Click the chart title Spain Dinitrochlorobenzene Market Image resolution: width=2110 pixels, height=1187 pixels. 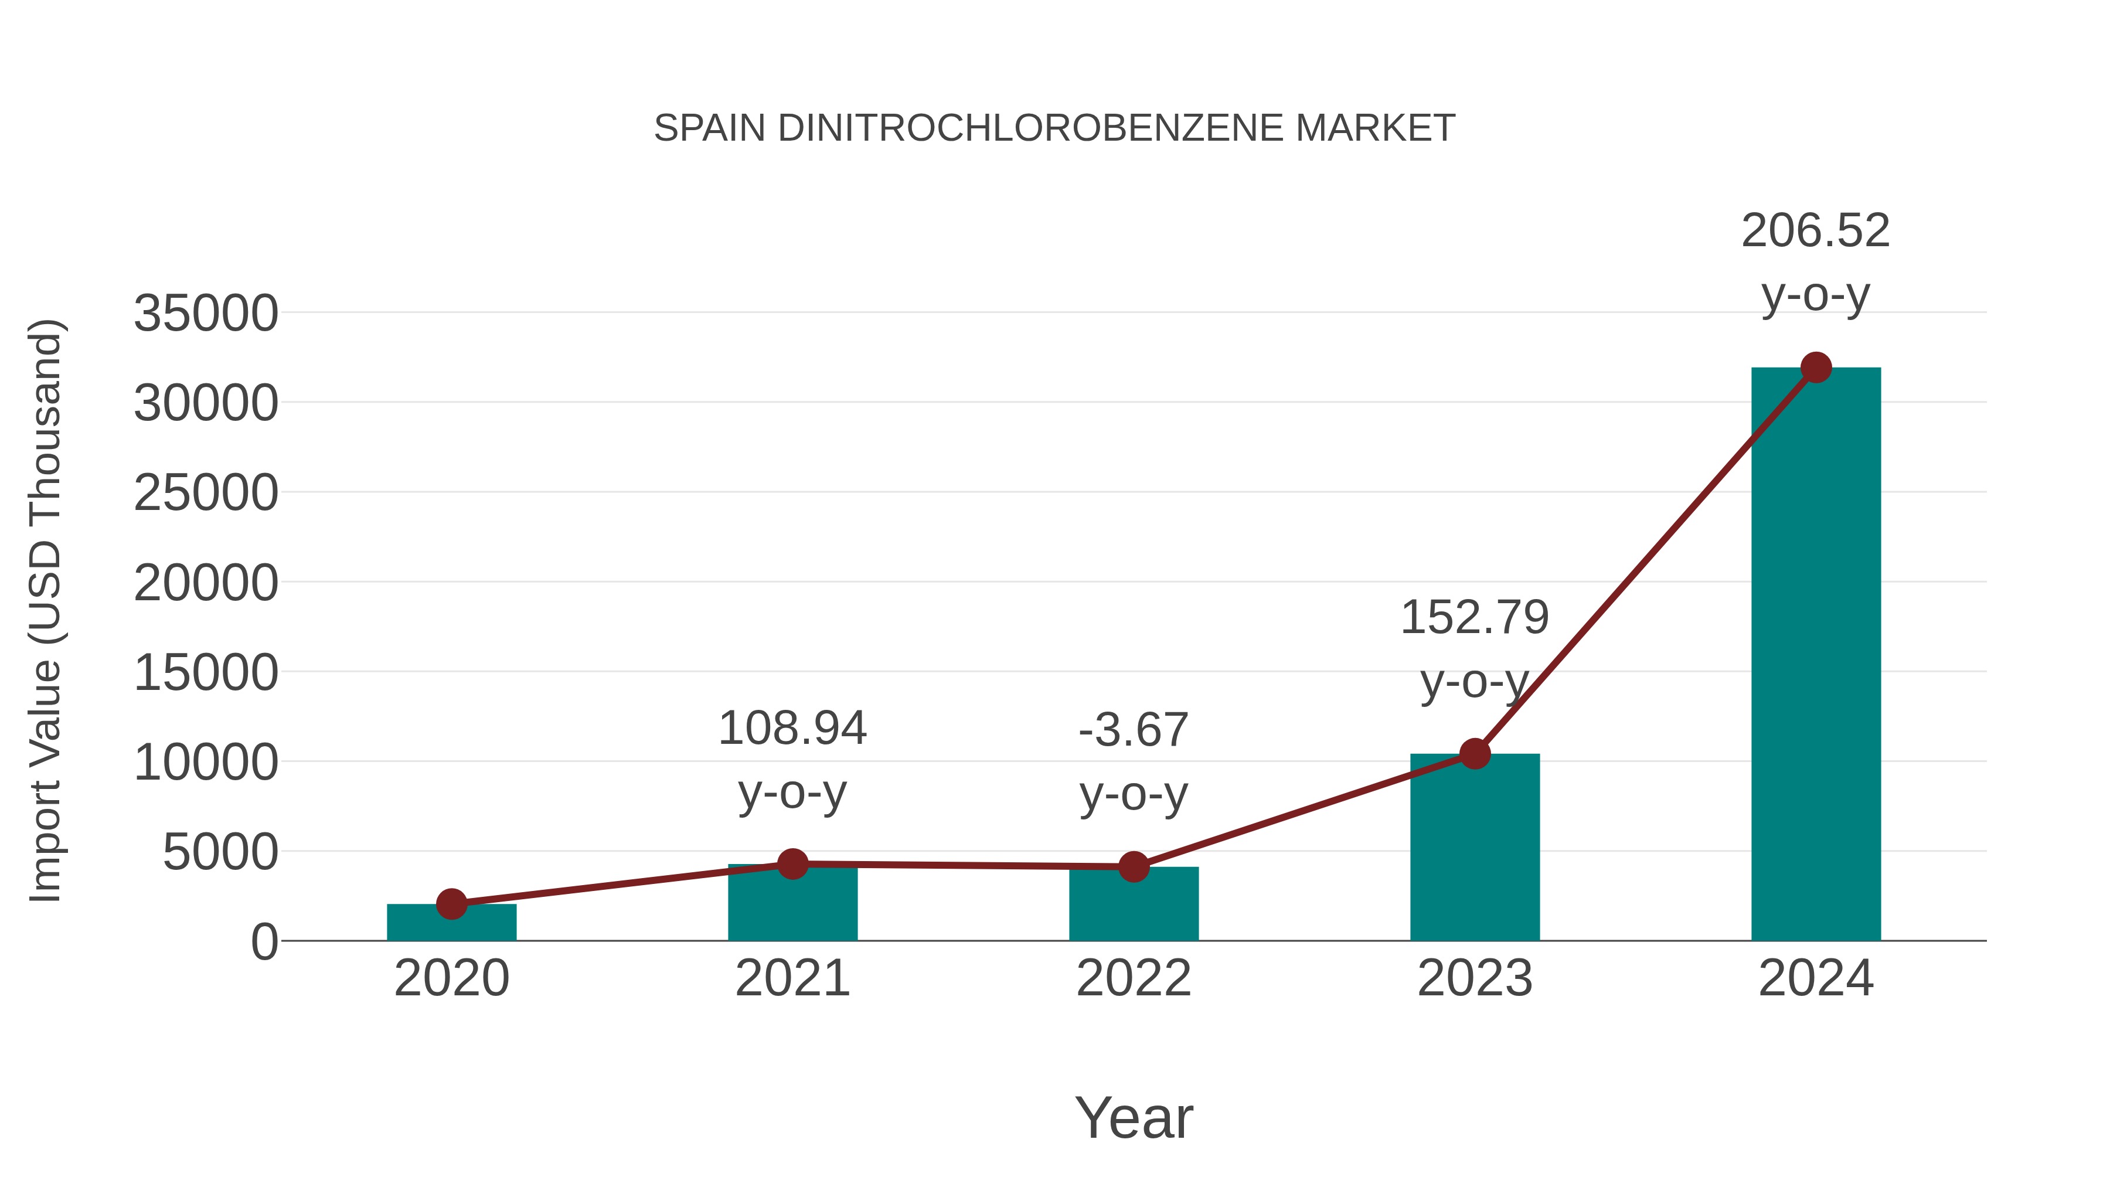point(1054,128)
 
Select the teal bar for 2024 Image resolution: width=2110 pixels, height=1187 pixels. point(1815,655)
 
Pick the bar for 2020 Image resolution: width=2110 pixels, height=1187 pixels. point(451,923)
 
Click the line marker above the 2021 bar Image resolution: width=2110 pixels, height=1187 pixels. point(792,863)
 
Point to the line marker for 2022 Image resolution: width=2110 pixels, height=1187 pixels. point(1134,867)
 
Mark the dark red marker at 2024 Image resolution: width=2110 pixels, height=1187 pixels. point(1816,368)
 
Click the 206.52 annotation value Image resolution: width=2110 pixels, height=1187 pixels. point(1815,231)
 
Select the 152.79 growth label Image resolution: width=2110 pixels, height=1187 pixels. point(1475,618)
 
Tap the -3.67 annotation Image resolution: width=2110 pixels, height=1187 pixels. point(1134,731)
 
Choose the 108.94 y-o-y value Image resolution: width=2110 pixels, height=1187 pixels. point(792,728)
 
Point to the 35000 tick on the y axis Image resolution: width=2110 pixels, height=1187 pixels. point(206,314)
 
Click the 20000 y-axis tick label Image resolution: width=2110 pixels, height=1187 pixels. point(206,584)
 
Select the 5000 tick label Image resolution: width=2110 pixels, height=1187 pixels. point(220,853)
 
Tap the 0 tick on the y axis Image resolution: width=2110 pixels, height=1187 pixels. point(264,942)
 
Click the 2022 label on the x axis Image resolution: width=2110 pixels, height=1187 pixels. point(1134,979)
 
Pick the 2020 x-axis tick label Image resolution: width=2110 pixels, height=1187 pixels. point(451,979)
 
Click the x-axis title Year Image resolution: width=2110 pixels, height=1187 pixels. point(1134,1118)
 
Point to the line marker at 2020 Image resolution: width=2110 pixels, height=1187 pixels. point(451,904)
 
